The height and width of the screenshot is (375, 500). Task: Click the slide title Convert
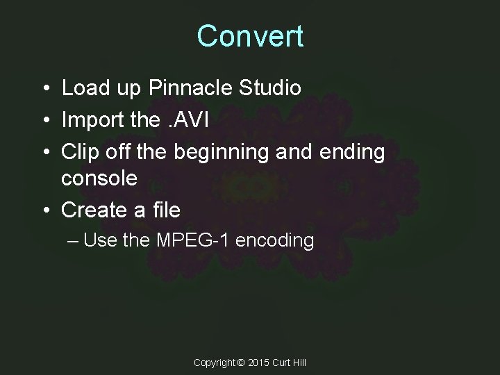(x=250, y=36)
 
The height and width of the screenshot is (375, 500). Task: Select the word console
(x=99, y=178)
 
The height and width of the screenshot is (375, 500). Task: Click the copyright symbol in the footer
(x=241, y=362)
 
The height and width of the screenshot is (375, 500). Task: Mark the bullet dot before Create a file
(x=44, y=210)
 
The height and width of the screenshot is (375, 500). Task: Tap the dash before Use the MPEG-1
(x=74, y=241)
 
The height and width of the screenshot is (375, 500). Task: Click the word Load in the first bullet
(x=84, y=89)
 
